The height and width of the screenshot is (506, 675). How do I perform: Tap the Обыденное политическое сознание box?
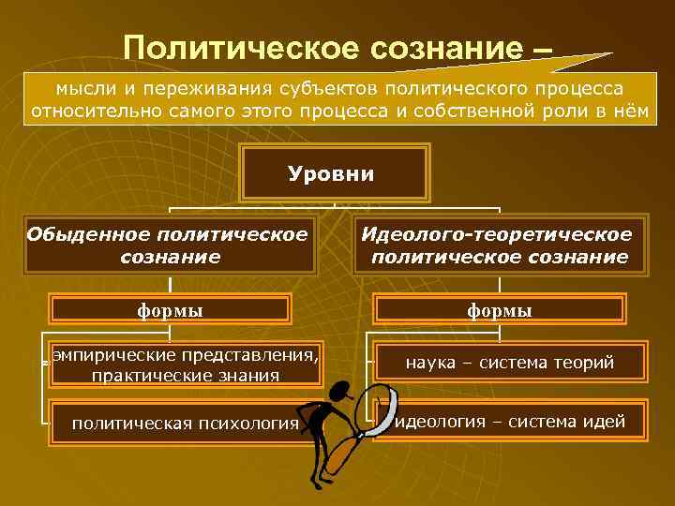click(x=169, y=245)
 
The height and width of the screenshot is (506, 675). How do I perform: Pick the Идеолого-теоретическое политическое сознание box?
click(x=499, y=245)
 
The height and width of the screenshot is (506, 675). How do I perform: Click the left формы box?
click(x=170, y=309)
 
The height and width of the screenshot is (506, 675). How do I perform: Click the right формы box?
click(x=499, y=309)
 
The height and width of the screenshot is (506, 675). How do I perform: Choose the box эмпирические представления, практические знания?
click(x=185, y=365)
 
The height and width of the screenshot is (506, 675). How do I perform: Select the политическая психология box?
click(x=185, y=423)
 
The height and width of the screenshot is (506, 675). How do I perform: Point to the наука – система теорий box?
click(x=510, y=363)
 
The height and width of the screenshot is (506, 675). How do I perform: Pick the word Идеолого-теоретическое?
click(x=497, y=233)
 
